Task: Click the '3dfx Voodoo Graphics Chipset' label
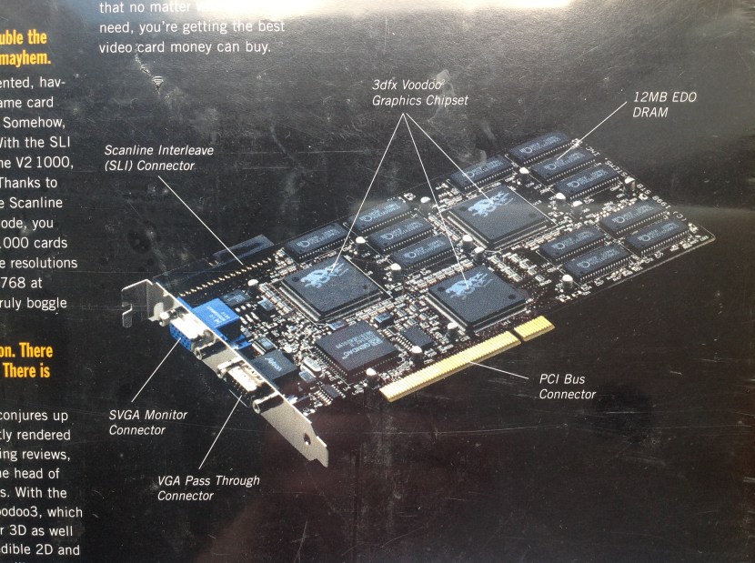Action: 420,93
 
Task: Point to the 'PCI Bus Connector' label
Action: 567,387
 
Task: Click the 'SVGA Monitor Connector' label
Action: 148,422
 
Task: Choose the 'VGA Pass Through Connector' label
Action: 208,488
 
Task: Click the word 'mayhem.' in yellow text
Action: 17,57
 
